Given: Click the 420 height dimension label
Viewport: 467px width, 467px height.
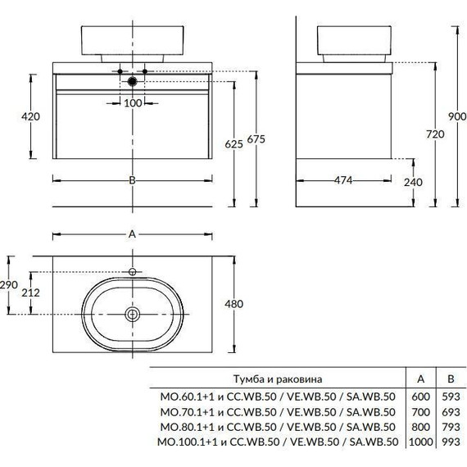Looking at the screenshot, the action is point(30,116).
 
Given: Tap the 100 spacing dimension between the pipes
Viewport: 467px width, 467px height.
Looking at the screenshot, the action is point(133,103).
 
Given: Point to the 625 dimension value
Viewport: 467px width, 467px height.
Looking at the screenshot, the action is point(233,144).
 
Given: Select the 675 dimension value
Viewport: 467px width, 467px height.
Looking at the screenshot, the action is point(256,139).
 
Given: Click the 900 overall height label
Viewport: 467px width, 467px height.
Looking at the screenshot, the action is point(457,116).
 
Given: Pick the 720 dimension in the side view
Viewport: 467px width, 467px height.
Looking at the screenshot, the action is point(435,134).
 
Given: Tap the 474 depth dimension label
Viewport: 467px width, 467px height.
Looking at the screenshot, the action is point(343,180).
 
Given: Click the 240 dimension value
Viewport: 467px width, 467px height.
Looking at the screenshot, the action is point(413,182).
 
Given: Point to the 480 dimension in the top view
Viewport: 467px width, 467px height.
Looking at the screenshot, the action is point(233,304).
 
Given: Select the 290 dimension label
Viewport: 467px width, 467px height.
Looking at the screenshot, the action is point(9,285).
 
